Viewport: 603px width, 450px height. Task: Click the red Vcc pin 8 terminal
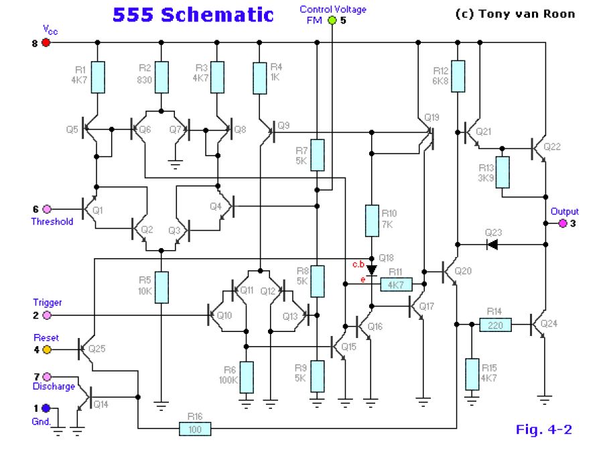pos(46,43)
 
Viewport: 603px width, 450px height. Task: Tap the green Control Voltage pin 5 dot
pos(332,20)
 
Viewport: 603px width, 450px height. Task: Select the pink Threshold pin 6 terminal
pos(46,209)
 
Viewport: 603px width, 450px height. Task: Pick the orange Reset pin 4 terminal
pos(46,349)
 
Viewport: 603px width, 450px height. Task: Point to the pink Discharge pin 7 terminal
pos(46,378)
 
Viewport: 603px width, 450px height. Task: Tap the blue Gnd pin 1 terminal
pos(46,408)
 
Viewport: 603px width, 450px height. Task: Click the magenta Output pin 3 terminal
pos(562,223)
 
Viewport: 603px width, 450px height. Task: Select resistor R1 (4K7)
pos(97,77)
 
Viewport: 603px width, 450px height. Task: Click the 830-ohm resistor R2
pos(161,77)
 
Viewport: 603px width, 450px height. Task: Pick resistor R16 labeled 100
pos(195,428)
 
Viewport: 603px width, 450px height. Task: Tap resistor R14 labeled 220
pos(496,325)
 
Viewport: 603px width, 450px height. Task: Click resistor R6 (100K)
pos(247,377)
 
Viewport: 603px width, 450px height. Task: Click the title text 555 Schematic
pos(193,15)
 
